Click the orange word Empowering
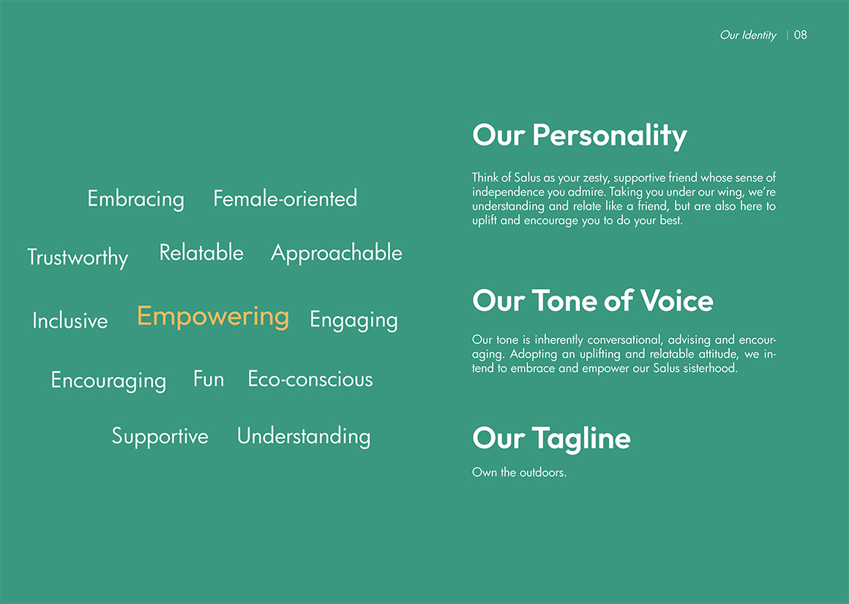coord(213,316)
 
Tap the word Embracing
coord(136,199)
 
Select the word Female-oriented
coord(285,198)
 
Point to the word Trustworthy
coord(78,257)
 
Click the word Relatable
coord(201,253)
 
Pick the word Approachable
coord(336,253)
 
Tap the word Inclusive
coord(70,320)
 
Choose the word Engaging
coord(354,320)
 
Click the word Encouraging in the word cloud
coord(108,380)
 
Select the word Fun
coord(209,379)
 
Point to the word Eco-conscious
coord(310,379)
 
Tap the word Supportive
coord(160,436)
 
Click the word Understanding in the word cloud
coord(304,436)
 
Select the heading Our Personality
coord(580,135)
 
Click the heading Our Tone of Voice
coord(593,300)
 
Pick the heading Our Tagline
coord(551,439)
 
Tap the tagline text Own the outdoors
coord(519,472)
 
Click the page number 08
coord(800,35)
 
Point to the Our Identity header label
coord(748,35)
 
